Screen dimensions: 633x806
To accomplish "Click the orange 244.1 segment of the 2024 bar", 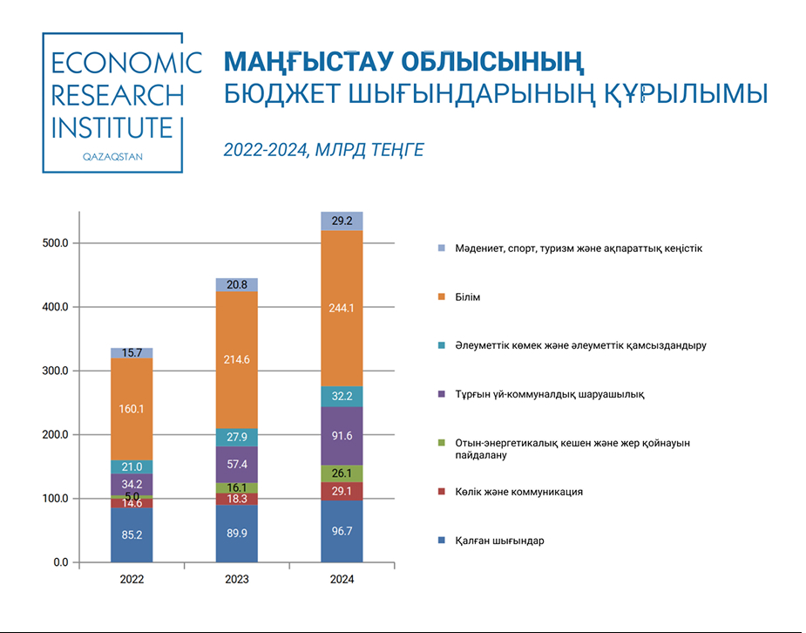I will click(342, 309).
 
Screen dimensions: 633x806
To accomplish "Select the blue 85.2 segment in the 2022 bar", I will click(132, 534).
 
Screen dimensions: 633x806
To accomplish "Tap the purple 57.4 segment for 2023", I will click(236, 464).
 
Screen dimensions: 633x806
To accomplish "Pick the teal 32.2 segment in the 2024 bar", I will click(342, 397).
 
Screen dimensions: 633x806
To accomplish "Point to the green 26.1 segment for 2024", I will click(342, 473).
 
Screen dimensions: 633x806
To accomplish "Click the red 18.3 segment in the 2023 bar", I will click(236, 499).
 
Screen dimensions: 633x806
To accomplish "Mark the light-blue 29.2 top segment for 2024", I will click(342, 221).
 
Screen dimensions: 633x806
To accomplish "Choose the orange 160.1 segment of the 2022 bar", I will click(132, 408).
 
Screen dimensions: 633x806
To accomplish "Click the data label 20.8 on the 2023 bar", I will click(237, 285).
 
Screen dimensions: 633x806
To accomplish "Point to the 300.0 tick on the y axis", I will click(55, 371).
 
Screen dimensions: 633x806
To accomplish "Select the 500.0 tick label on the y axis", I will click(55, 243).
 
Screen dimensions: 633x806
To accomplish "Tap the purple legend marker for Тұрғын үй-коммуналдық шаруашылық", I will click(444, 395).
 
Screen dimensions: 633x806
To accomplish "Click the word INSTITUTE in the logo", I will click(112, 128).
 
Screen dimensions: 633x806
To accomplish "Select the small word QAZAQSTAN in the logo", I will click(112, 157).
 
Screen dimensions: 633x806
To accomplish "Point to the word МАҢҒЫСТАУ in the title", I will click(306, 63).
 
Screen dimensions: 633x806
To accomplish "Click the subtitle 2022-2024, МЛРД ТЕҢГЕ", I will click(323, 150).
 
